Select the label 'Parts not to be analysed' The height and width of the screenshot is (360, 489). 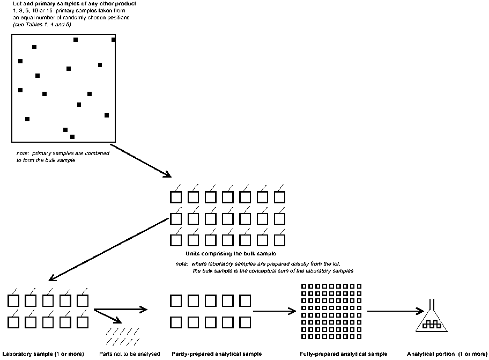130,354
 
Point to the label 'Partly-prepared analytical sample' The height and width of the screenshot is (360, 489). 217,354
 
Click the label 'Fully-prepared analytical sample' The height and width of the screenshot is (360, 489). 343,354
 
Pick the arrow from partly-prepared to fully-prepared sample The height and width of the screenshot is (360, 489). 275,311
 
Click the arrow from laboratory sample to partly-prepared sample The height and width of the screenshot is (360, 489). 120,310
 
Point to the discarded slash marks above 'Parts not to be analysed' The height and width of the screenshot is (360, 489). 123,336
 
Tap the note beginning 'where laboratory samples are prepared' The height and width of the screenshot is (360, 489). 265,267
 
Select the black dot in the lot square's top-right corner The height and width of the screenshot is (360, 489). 113,40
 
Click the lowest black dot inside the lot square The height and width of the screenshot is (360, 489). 72,137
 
